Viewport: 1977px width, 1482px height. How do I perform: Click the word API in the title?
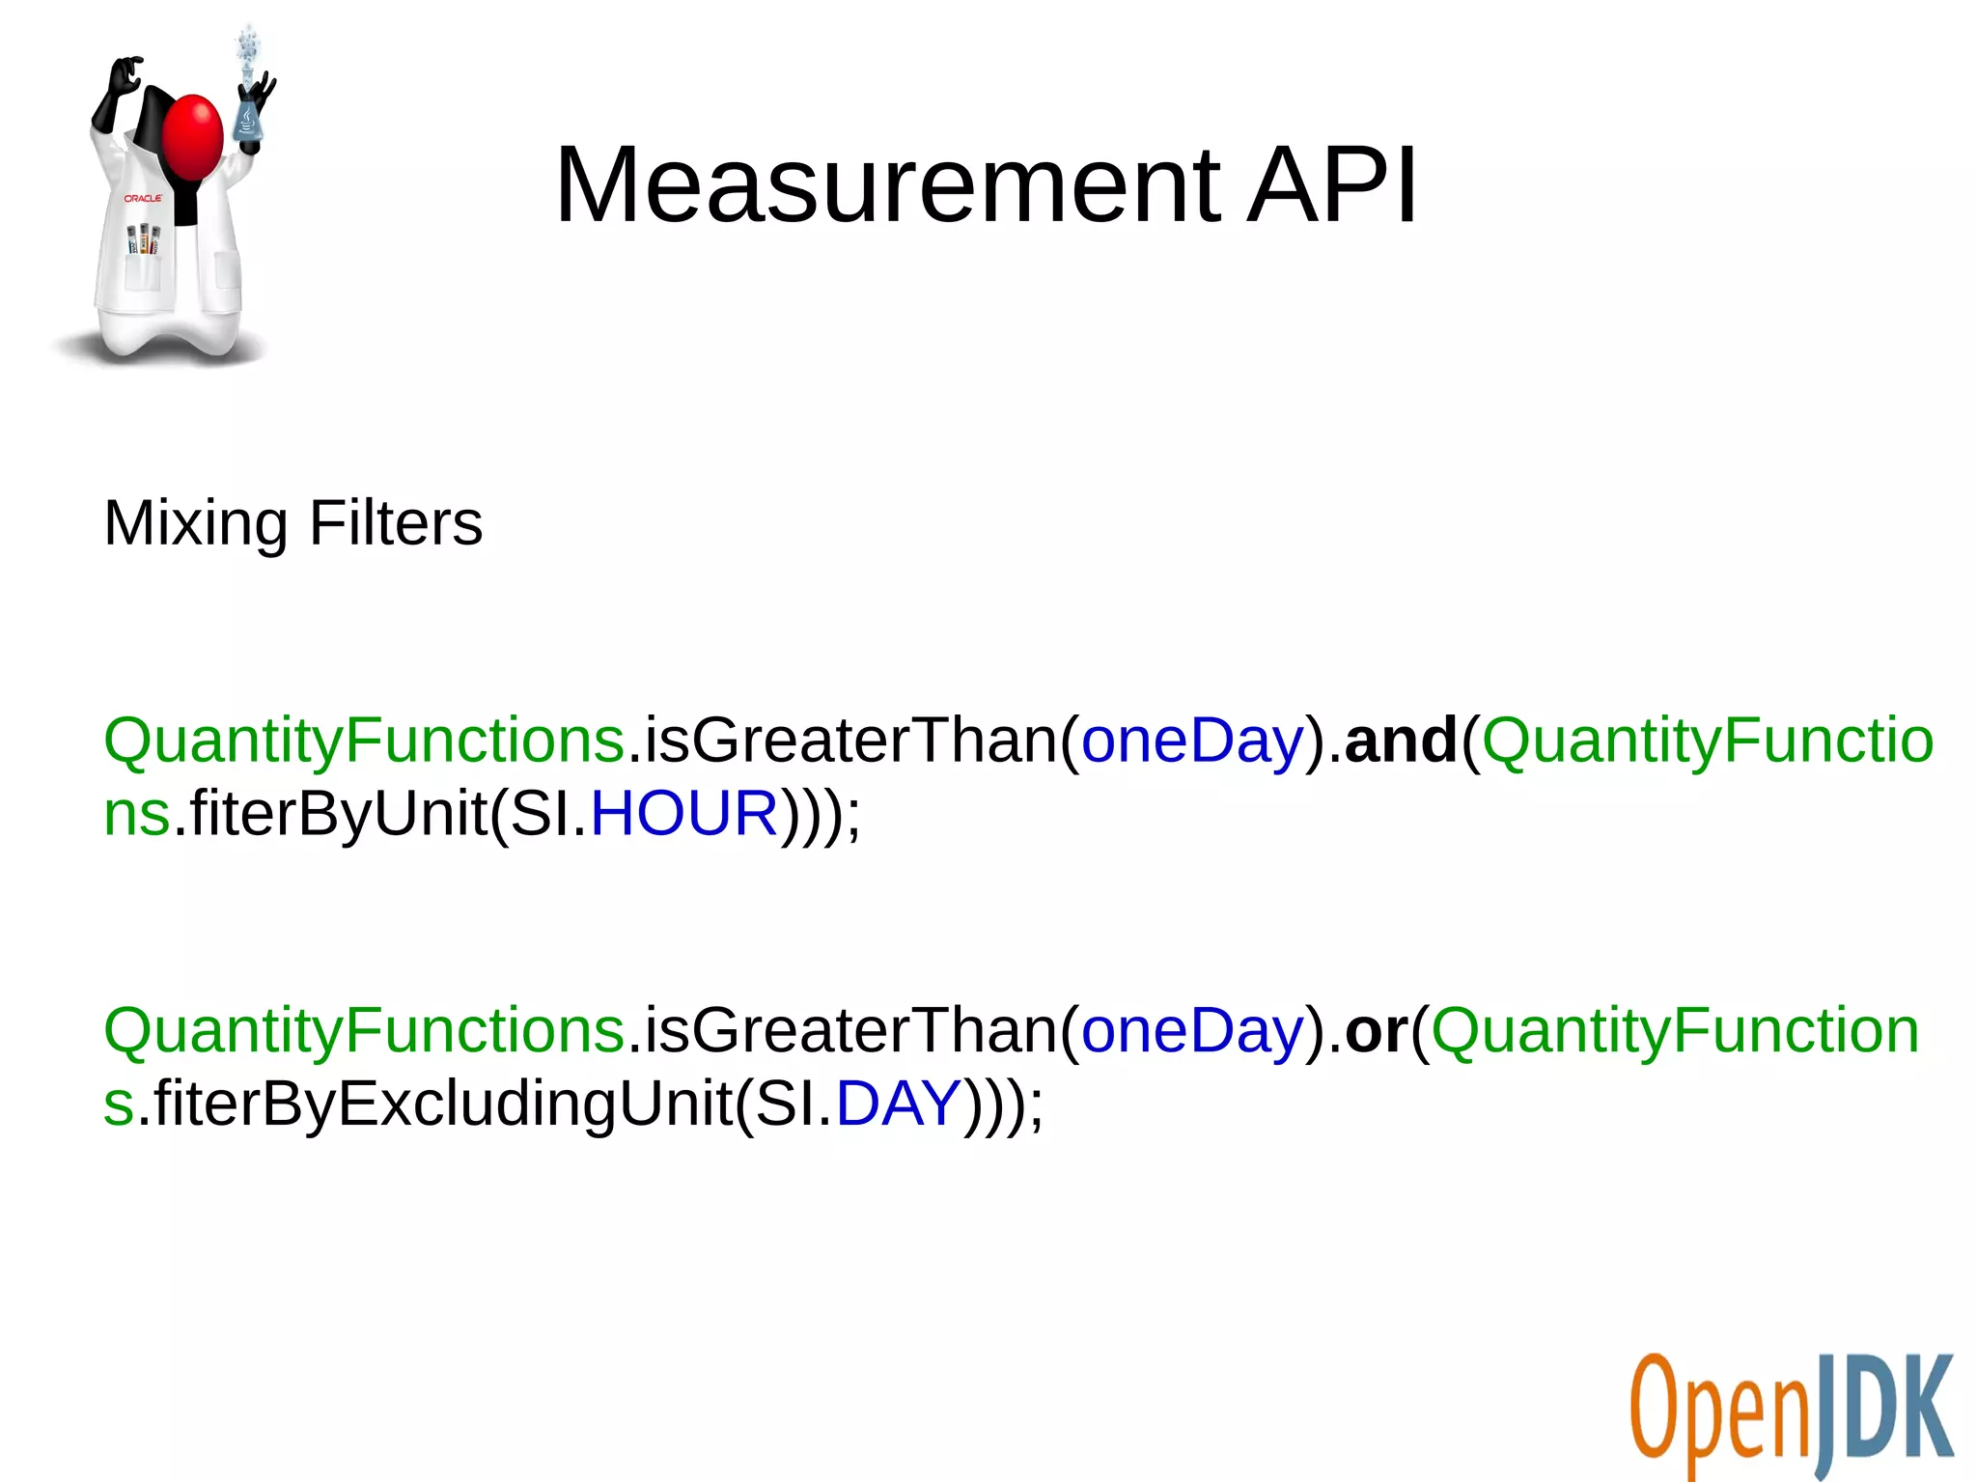click(1332, 185)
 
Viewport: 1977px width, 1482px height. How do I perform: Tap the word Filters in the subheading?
click(396, 523)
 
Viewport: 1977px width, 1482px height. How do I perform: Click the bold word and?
click(1400, 741)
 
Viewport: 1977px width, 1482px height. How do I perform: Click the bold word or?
click(1376, 1031)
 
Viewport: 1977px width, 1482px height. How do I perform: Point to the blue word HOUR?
click(683, 813)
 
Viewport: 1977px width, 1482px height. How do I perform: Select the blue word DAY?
click(898, 1103)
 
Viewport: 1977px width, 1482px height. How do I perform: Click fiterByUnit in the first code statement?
click(338, 813)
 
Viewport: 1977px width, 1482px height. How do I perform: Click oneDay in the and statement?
click(1192, 741)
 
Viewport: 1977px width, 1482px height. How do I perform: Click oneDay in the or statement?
click(1192, 1031)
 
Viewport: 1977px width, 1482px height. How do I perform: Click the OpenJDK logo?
click(1791, 1414)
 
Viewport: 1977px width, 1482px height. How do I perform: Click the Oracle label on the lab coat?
click(143, 198)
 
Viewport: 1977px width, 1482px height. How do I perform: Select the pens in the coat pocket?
click(144, 239)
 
